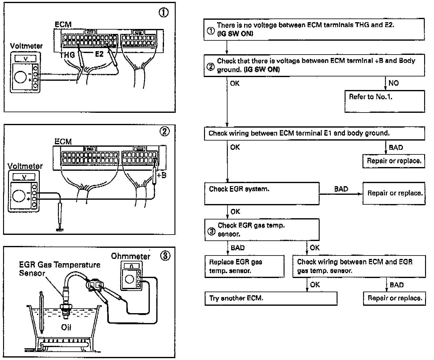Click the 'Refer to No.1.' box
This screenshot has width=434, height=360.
[x=384, y=101]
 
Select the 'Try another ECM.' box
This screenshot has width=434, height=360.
[x=271, y=298]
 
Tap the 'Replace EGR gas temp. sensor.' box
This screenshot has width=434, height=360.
[x=244, y=266]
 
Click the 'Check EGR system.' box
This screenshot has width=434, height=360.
[x=262, y=193]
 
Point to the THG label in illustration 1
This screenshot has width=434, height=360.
[x=67, y=55]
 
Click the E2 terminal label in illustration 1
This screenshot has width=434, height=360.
[x=99, y=54]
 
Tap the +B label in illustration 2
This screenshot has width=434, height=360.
[x=162, y=175]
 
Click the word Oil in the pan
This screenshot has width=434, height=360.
[x=66, y=327]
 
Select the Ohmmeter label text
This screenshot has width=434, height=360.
[x=131, y=256]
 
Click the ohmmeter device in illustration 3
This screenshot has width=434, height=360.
[x=131, y=276]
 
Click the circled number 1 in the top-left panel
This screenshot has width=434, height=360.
[x=164, y=13]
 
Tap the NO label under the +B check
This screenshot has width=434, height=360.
[x=394, y=83]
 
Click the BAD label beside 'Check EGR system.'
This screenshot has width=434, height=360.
[x=341, y=189]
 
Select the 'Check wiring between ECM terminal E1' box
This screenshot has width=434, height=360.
[x=314, y=133]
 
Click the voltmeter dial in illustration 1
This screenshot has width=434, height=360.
[x=20, y=76]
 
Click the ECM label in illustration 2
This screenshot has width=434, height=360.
[x=63, y=141]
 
